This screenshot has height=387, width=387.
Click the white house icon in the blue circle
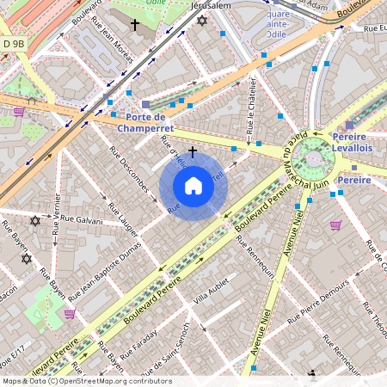[193, 186]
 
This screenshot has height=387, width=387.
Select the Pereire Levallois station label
[347, 142]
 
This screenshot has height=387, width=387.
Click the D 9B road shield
[14, 43]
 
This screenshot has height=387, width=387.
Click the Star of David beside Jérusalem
[202, 20]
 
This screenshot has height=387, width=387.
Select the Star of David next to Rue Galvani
[35, 221]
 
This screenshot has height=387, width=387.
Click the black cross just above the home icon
[193, 151]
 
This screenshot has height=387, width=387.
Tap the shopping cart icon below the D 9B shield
[19, 111]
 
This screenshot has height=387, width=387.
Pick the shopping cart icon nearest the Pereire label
[336, 225]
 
